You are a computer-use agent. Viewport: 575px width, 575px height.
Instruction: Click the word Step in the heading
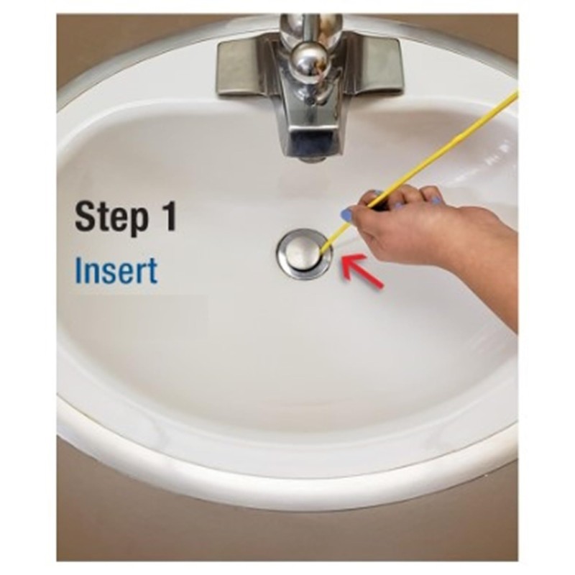coord(109,218)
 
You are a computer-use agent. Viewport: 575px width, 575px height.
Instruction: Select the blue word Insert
coord(116,271)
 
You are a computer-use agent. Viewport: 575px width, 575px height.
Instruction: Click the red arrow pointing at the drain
coord(363,272)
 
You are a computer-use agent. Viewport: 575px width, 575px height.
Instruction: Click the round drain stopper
coord(303,250)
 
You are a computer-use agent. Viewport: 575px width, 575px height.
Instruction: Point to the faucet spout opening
coord(310,152)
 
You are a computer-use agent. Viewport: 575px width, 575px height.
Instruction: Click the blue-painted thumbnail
coord(347,213)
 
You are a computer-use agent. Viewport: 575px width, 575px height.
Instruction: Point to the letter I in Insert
coord(79,271)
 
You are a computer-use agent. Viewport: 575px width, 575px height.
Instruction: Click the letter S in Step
coord(86,218)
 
